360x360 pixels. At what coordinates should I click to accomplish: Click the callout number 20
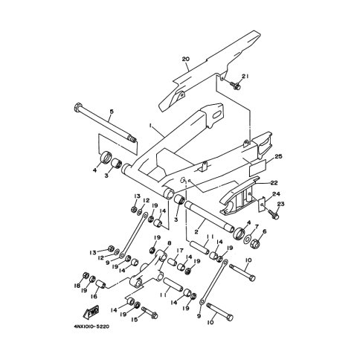186,59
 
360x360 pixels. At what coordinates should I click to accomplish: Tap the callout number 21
245,77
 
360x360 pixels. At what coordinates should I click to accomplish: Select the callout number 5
112,112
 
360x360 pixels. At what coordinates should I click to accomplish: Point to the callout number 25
278,156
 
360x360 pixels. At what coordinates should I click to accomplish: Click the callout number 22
274,183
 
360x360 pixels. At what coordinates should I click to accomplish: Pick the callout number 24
276,193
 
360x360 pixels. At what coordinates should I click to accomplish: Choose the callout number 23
280,204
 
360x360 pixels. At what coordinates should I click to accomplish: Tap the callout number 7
257,226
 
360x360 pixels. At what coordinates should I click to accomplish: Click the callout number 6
264,231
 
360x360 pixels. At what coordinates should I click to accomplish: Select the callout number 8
170,243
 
